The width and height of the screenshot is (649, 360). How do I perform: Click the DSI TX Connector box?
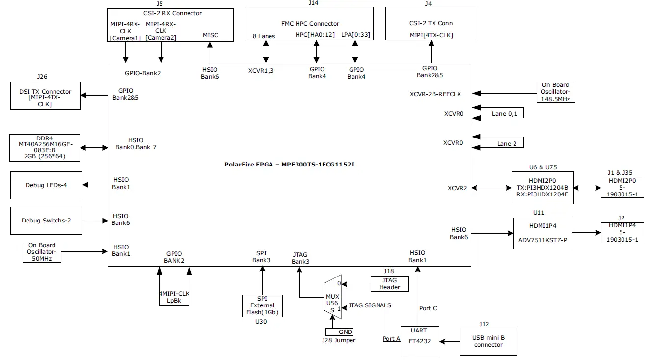click(x=45, y=95)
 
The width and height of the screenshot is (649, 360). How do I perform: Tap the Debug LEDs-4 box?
click(x=46, y=185)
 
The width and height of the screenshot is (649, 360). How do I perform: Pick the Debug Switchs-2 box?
click(x=46, y=221)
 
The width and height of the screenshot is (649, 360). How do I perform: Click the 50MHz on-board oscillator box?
click(x=42, y=252)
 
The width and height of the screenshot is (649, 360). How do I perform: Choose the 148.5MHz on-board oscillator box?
click(x=555, y=92)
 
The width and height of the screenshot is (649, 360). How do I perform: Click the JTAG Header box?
click(x=390, y=284)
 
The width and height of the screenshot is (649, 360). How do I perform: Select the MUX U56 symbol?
click(x=332, y=299)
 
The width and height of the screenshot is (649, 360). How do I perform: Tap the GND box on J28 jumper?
click(x=345, y=332)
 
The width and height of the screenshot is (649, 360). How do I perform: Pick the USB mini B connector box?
click(x=488, y=341)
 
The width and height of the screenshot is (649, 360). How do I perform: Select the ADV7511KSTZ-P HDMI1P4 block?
click(x=542, y=233)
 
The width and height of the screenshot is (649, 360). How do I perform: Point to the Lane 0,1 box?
click(x=507, y=114)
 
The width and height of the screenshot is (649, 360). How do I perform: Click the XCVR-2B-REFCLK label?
click(x=435, y=94)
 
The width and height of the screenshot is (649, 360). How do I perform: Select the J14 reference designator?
click(x=313, y=3)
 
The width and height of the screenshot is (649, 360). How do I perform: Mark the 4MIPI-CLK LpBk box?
click(x=174, y=297)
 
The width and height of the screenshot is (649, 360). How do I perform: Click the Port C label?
click(x=428, y=308)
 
